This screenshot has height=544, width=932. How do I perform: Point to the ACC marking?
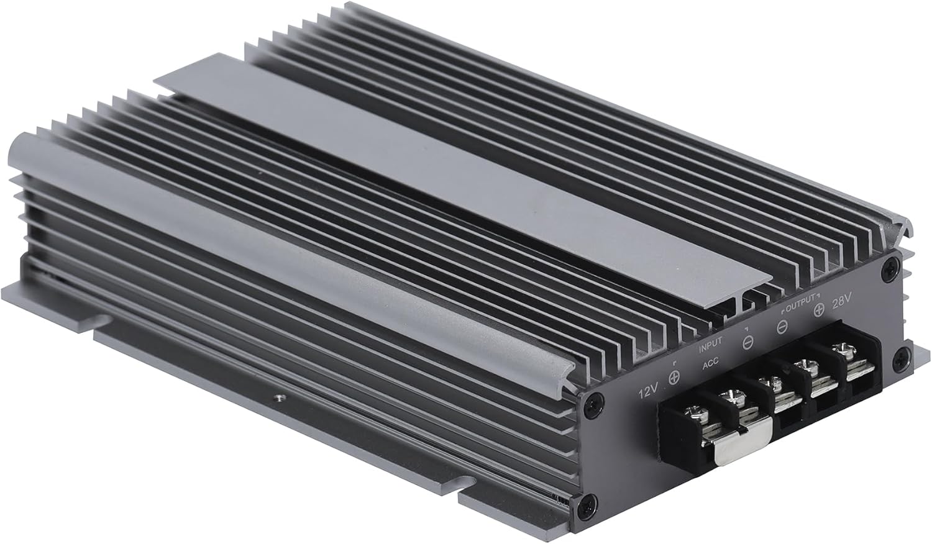click(711, 365)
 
